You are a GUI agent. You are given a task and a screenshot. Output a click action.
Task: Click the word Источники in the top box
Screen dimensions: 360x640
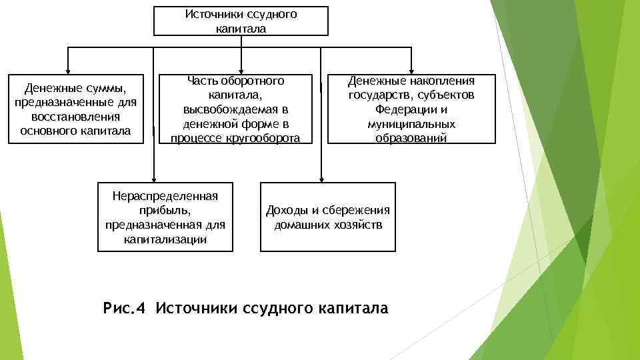pos(209,14)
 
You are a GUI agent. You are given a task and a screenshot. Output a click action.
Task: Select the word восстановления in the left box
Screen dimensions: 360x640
pos(75,117)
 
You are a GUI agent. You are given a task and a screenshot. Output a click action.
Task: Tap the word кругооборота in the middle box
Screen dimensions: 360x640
pos(265,138)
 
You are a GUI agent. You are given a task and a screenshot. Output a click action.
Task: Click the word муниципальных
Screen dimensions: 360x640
pos(411,124)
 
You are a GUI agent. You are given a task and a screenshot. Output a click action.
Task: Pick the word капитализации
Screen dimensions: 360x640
pos(165,239)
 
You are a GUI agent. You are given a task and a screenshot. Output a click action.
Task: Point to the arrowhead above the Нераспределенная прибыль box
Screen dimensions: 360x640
pos(154,178)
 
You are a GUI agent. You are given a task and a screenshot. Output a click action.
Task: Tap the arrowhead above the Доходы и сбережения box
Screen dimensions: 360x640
pos(321,178)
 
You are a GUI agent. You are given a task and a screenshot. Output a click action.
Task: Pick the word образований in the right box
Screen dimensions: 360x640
pos(411,138)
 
